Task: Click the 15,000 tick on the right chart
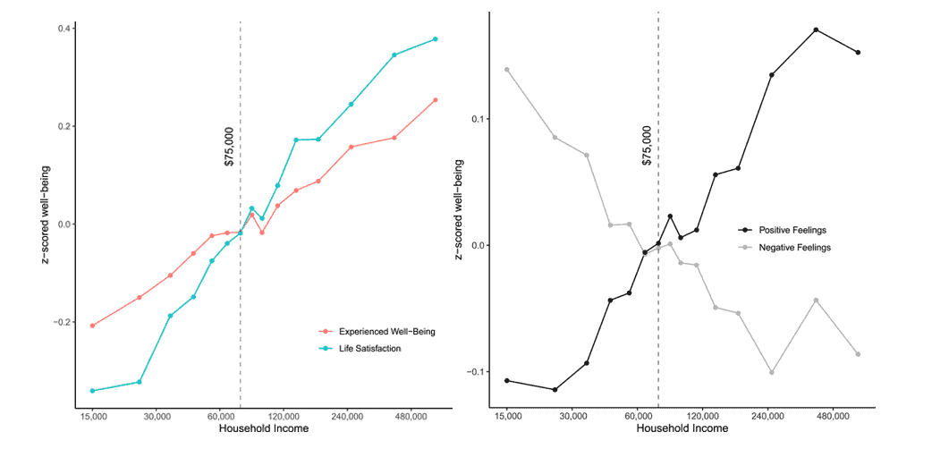507,417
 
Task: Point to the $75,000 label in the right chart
647,146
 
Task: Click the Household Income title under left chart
264,429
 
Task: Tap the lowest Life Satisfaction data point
92,391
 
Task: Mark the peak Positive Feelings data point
816,30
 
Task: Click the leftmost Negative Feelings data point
507,70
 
